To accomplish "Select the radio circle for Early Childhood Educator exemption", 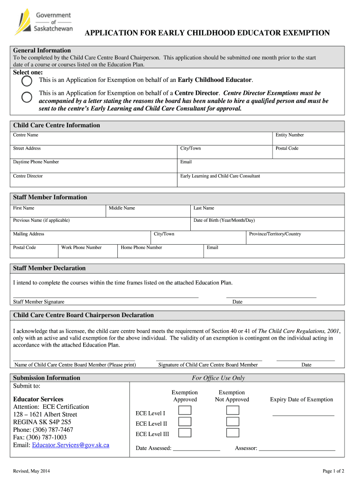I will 27,81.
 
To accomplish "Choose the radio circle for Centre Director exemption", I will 27,97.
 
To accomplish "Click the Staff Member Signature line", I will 106,296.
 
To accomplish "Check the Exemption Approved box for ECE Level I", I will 185,410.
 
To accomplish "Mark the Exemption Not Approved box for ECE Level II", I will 232,421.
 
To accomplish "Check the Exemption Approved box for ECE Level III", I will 185,433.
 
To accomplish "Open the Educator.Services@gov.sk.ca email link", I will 70,445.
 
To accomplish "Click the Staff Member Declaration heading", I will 50,269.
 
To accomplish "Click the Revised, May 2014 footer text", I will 32,471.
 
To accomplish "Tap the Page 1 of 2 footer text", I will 333,471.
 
